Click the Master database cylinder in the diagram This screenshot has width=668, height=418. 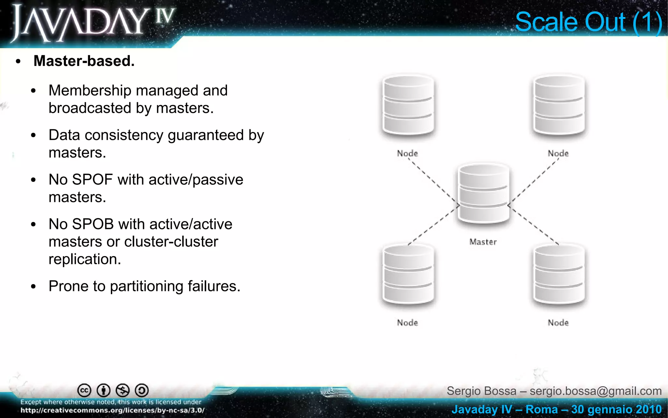[483, 193]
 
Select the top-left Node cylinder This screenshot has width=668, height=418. [408, 105]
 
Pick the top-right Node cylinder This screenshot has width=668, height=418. [559, 105]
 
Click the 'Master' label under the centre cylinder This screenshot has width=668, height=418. [483, 242]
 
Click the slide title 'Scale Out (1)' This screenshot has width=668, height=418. [588, 22]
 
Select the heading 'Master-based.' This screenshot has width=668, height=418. [84, 61]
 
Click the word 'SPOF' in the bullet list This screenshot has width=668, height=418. [92, 180]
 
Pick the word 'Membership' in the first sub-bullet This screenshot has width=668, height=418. [90, 91]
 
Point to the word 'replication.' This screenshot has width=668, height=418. [85, 259]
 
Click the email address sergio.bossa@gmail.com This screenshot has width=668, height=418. [596, 391]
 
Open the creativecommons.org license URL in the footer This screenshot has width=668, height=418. [112, 410]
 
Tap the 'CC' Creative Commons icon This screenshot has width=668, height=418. [84, 390]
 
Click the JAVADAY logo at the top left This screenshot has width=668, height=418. [93, 23]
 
